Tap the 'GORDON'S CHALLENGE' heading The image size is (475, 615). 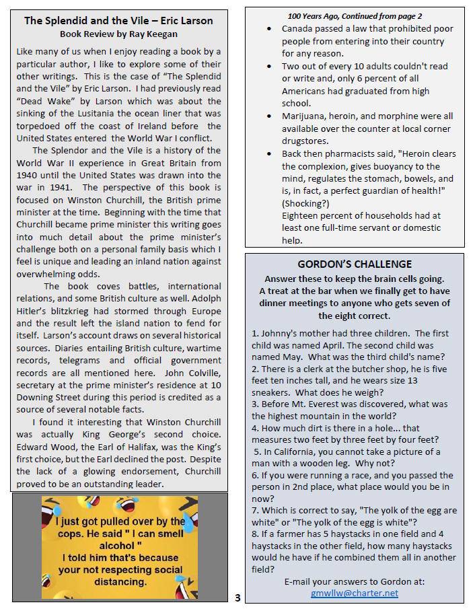click(x=355, y=264)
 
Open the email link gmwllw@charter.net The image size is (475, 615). click(x=355, y=593)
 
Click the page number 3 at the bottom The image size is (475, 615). click(x=238, y=598)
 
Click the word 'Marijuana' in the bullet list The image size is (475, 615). click(x=305, y=116)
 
